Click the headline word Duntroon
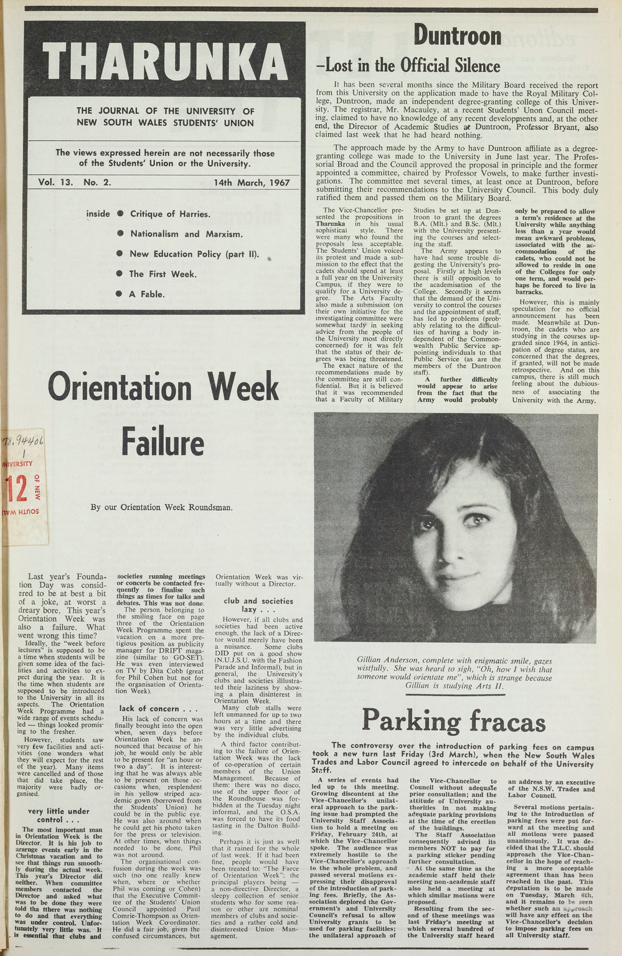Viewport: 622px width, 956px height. point(457,36)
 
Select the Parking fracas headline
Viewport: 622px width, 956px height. point(454,722)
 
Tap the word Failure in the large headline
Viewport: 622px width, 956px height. point(163,442)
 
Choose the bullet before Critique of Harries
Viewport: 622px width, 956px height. point(120,214)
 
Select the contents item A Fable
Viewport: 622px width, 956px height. point(147,294)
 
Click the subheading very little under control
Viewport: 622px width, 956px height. point(59,815)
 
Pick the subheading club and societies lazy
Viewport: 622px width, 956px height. point(258,605)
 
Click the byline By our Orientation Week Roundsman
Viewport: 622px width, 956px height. point(162,507)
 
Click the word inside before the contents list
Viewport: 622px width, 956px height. point(98,214)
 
